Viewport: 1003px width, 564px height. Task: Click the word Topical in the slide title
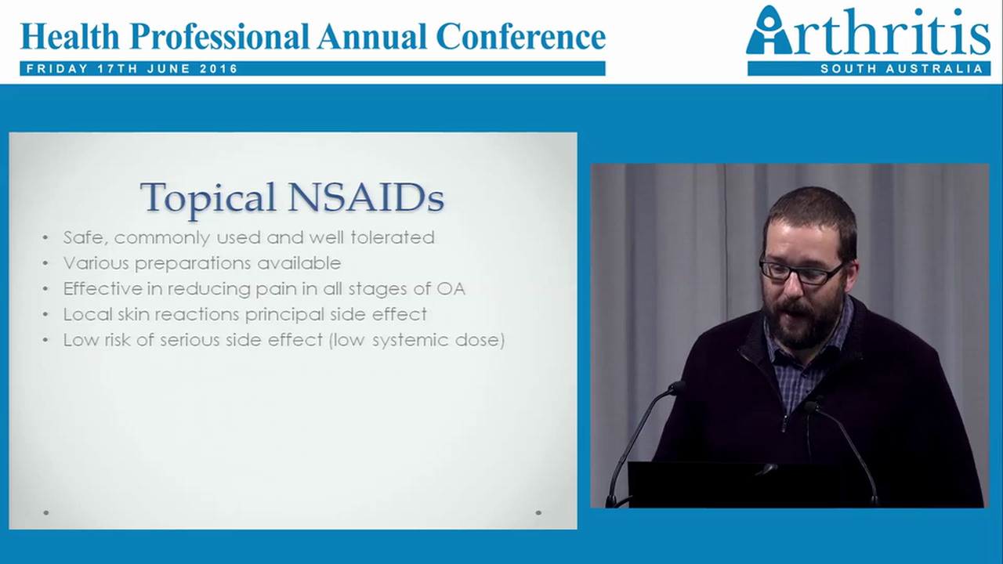point(207,197)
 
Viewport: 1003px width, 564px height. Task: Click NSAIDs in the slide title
point(365,197)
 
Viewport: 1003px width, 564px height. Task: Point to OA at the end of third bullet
point(451,288)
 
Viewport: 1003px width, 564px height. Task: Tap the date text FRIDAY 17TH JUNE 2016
point(132,69)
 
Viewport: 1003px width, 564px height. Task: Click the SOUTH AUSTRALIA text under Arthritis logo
point(900,69)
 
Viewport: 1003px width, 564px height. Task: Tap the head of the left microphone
point(676,388)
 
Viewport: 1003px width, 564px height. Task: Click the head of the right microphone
point(813,405)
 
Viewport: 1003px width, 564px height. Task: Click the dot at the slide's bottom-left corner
point(46,512)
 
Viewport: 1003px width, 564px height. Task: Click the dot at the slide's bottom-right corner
point(538,512)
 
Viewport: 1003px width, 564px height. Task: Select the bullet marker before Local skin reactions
point(46,315)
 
